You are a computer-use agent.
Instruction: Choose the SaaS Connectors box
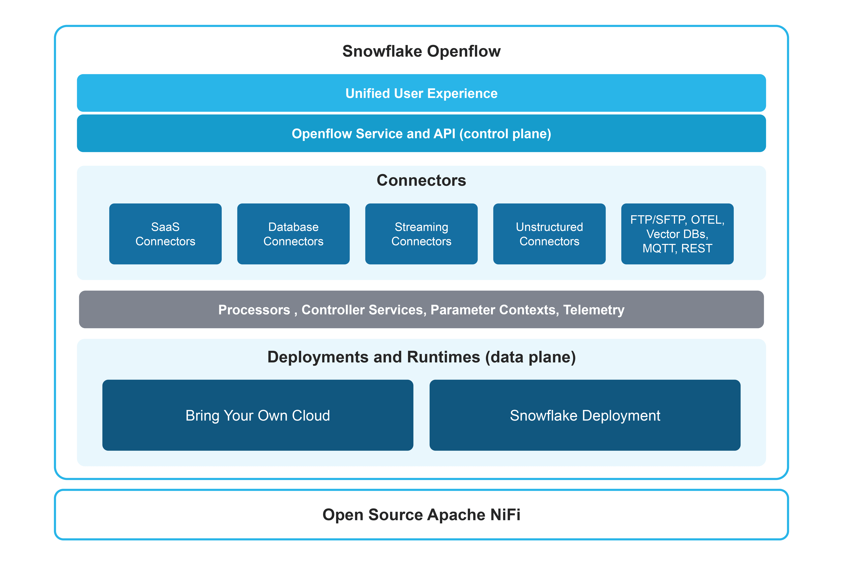pyautogui.click(x=165, y=234)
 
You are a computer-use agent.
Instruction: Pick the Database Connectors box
pyautogui.click(x=293, y=234)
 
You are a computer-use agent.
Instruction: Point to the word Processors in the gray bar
pyautogui.click(x=254, y=310)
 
